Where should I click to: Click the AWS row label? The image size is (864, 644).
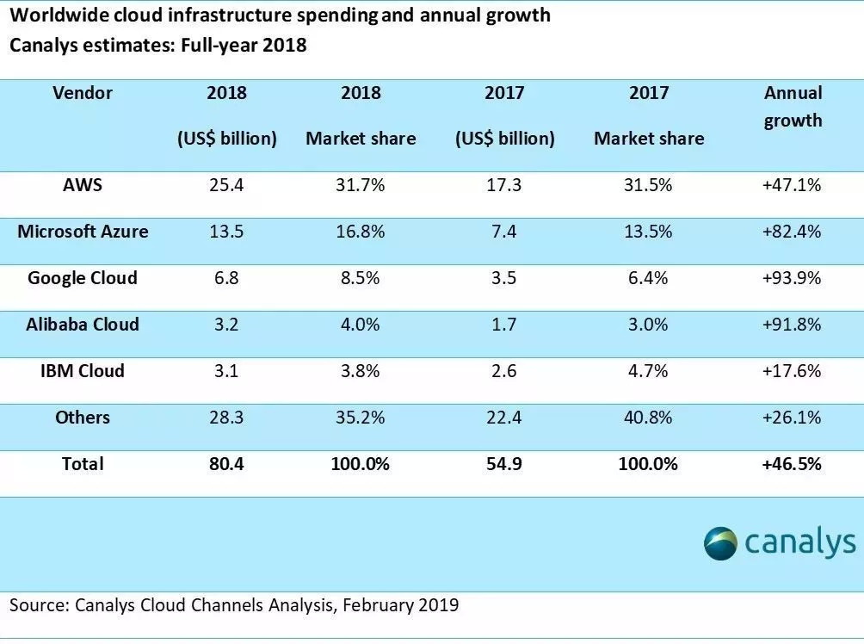83,185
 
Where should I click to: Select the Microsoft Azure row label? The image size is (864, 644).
83,232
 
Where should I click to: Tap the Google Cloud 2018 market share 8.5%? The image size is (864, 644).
361,278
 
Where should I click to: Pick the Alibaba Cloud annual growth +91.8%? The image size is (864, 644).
793,325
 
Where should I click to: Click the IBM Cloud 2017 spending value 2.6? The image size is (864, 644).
504,371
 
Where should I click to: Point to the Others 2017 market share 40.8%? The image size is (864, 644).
648,418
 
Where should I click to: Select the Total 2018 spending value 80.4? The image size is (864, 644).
226,464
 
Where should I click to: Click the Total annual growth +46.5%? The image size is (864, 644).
793,464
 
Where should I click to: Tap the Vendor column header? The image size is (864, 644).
83,93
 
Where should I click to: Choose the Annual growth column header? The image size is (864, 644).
793,107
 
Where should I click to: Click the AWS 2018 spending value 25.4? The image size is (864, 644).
226,185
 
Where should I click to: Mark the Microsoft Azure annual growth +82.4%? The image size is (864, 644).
793,232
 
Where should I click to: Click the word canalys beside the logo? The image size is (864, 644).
800,542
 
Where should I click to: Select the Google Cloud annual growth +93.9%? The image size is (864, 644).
793,278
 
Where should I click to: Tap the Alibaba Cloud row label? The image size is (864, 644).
83,325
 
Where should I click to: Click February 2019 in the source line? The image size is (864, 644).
400,605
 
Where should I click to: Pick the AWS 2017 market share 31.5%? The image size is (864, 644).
648,185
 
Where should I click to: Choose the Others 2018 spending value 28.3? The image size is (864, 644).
226,418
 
